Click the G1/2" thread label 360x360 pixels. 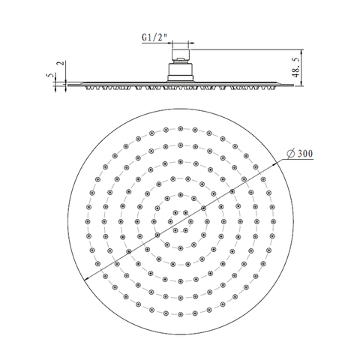coord(154,37)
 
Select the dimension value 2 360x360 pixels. coord(61,63)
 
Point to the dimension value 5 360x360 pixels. coord(50,75)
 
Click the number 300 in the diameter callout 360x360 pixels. coord(305,154)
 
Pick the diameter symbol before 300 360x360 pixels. coord(291,154)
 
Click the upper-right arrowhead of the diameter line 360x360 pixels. coord(275,163)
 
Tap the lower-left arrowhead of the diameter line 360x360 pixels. coord(88,278)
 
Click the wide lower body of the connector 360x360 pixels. coord(180,72)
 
